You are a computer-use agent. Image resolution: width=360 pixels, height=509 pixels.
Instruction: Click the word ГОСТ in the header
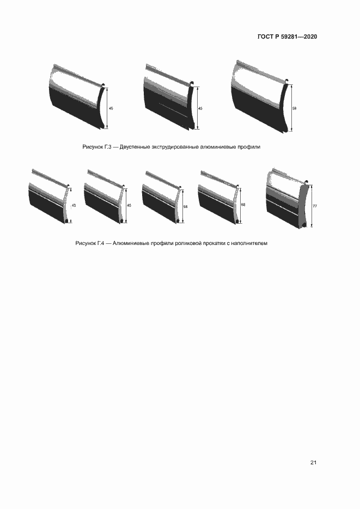(265, 36)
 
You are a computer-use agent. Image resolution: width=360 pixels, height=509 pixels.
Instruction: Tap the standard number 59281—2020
(299, 36)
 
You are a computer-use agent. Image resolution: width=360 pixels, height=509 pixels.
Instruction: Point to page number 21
(313, 463)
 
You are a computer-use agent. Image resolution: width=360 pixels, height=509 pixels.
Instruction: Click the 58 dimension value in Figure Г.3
(295, 108)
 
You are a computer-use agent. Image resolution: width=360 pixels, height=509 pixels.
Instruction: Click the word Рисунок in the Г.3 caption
(93, 147)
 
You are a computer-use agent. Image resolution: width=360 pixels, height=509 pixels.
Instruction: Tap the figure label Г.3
(108, 147)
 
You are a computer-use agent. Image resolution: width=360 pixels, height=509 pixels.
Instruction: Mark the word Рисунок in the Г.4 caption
(86, 243)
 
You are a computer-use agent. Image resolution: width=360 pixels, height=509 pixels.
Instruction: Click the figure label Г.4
(101, 243)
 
